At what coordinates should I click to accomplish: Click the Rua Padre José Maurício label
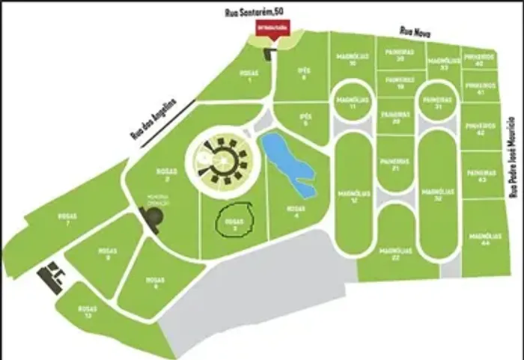point(513,157)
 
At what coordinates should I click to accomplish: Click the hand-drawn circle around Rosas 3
point(237,222)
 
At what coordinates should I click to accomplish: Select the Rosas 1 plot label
point(248,76)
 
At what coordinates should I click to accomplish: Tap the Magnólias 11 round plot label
point(350,103)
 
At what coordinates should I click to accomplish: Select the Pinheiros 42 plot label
point(481,129)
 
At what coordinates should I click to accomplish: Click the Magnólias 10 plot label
point(350,60)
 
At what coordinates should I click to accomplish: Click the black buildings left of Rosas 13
point(52,277)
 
